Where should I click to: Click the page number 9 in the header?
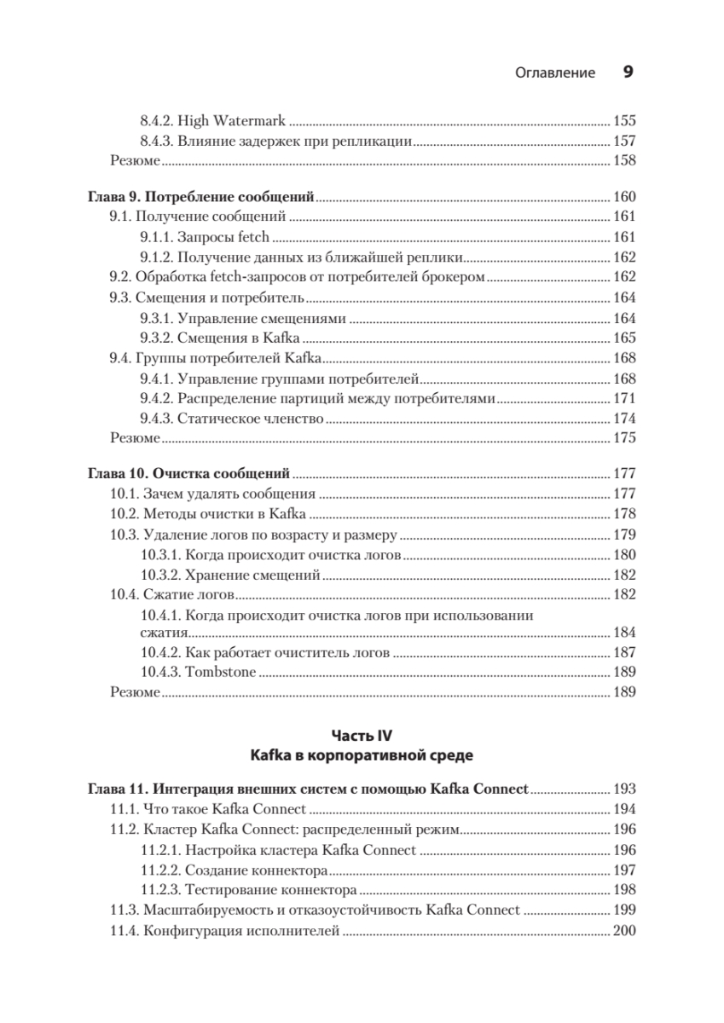628,72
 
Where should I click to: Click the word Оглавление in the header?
555,73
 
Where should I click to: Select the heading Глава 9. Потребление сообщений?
202,197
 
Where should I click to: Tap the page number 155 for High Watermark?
624,121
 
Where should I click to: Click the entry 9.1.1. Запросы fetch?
205,237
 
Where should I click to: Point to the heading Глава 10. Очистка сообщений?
189,473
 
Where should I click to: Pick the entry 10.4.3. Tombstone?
198,672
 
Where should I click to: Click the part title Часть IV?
362,734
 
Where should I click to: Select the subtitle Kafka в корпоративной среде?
362,755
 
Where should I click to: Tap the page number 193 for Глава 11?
624,789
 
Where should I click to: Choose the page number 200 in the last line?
624,931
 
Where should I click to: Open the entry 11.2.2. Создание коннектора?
234,870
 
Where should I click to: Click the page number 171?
624,398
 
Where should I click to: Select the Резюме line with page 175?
136,438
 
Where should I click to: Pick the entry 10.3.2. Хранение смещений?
229,574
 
